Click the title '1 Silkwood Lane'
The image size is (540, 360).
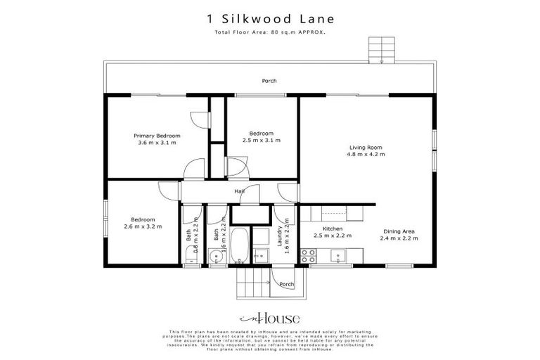(269, 20)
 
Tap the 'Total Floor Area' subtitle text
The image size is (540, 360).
(269, 33)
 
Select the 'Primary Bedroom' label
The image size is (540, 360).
(157, 135)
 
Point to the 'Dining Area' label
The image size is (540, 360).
(400, 231)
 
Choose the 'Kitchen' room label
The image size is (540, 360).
(333, 229)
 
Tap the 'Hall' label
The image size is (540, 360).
(240, 191)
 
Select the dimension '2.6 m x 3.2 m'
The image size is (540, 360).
(143, 226)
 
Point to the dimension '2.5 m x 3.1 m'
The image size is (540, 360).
(262, 141)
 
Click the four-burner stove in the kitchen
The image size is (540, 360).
(308, 256)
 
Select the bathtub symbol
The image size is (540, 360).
(239, 246)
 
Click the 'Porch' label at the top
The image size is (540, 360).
(269, 81)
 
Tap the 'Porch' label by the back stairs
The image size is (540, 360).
(285, 284)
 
